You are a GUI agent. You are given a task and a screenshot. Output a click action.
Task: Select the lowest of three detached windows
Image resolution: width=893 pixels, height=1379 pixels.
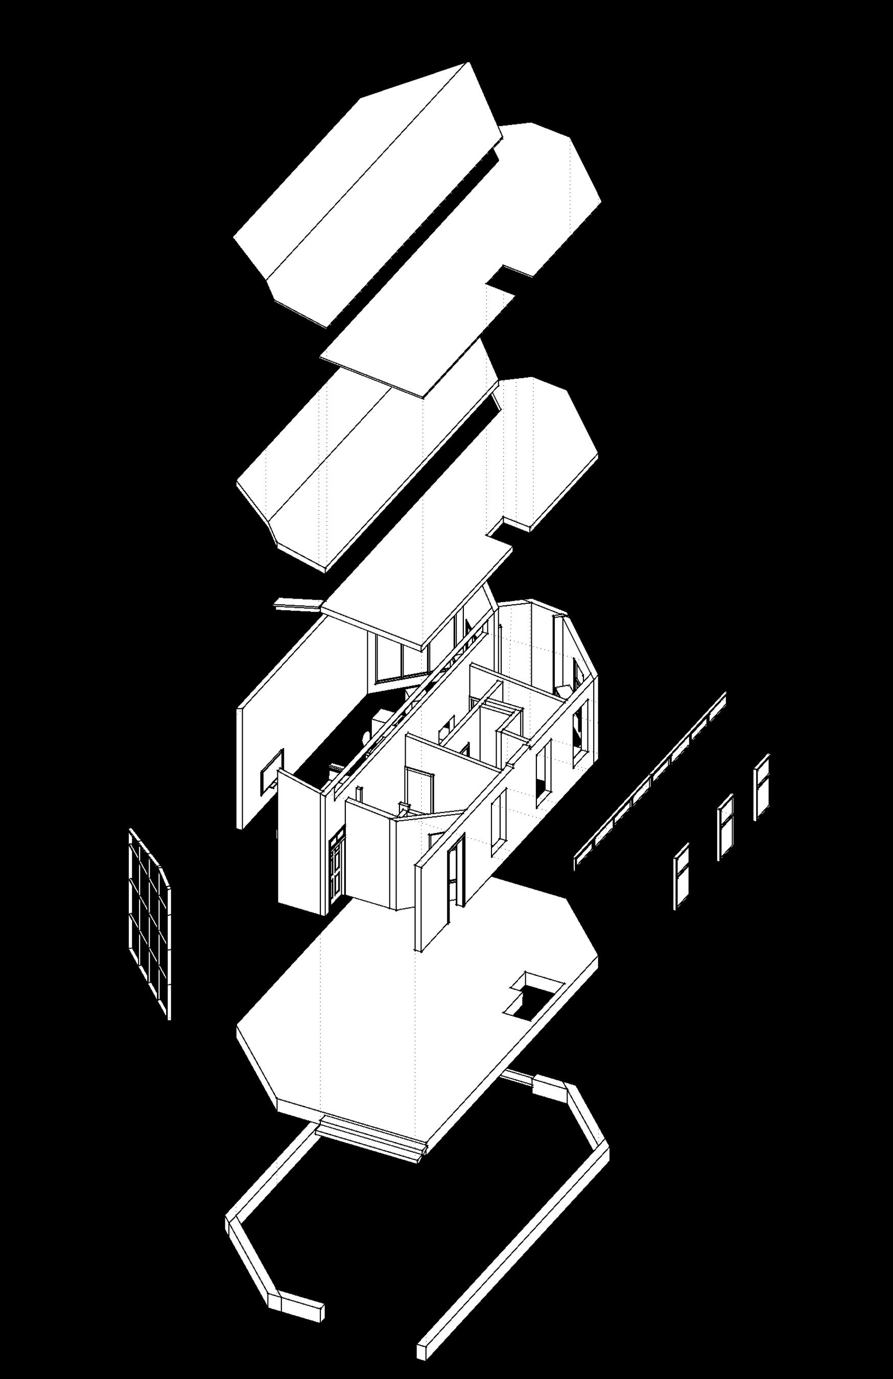tap(682, 875)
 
